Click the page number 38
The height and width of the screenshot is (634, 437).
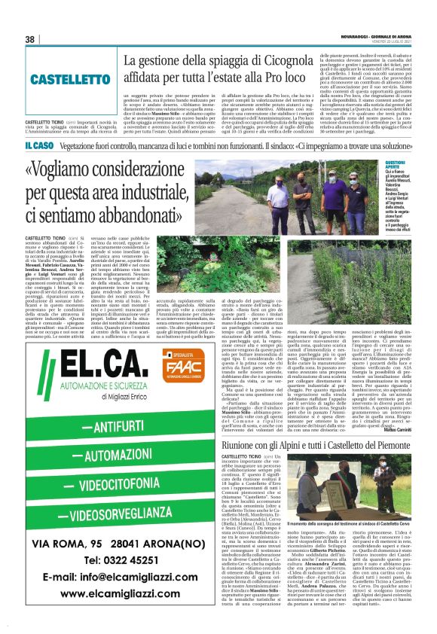pos(30,39)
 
